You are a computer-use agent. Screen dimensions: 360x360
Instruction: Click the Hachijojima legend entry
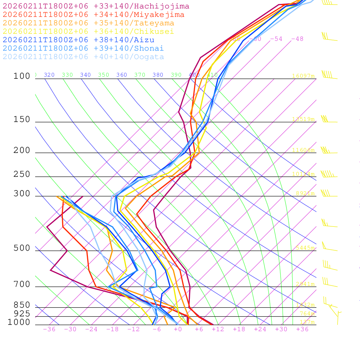point(96,6)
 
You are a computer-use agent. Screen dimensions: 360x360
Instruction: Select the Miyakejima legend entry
point(93,15)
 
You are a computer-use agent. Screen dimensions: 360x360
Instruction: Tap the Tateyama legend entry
point(88,23)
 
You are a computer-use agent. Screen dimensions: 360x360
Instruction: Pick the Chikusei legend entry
point(88,32)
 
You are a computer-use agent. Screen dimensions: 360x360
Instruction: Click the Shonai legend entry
point(83,49)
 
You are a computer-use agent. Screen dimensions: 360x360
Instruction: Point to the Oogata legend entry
point(83,57)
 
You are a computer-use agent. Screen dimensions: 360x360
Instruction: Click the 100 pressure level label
point(22,76)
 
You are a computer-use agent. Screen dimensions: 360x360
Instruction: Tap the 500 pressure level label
point(22,248)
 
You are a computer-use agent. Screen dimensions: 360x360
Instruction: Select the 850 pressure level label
point(22,305)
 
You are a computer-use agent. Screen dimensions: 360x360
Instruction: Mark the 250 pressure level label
point(22,174)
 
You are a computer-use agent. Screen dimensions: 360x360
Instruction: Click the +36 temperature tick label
point(302,329)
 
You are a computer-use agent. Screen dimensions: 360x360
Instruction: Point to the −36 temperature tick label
point(49,329)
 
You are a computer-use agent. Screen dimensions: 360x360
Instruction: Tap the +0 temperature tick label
point(178,329)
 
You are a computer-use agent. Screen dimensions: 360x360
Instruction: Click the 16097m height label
point(303,76)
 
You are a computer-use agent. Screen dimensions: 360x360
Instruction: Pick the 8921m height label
point(305,193)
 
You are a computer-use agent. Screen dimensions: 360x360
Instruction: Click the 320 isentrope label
point(49,75)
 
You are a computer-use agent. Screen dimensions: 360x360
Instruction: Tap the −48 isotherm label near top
point(297,39)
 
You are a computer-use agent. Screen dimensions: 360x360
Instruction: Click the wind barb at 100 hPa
point(329,76)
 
